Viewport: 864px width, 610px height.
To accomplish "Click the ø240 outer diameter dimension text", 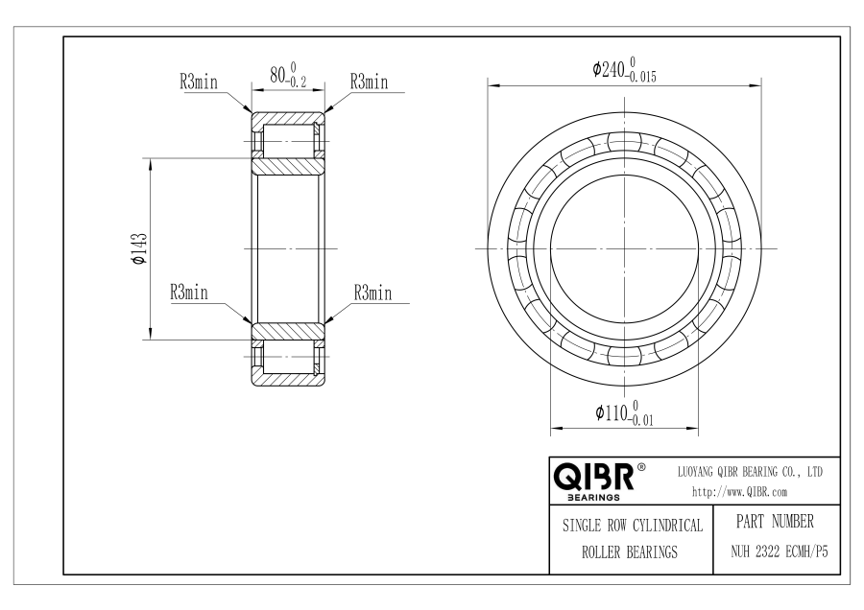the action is [624, 69].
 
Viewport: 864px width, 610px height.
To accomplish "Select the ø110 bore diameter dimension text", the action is [624, 413].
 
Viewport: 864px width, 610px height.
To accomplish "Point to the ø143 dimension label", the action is [139, 248].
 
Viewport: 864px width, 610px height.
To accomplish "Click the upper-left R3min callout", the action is [199, 82].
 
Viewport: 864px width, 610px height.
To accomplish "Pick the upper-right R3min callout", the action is [370, 82].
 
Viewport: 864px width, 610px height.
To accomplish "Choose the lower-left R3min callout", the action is [189, 293].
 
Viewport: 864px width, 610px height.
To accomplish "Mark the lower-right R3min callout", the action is [373, 293].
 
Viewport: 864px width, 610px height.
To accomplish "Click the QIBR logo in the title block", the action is [593, 477].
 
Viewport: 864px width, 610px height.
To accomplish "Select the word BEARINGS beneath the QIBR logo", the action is [593, 498].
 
